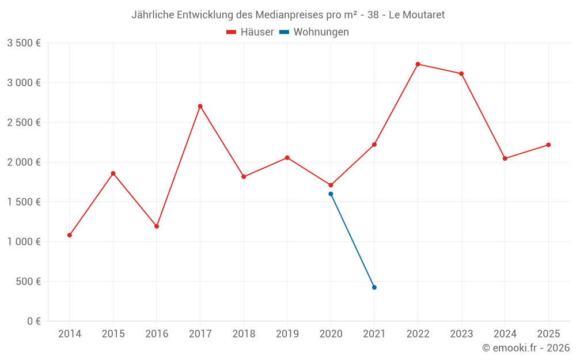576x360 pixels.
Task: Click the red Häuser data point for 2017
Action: pyautogui.click(x=200, y=106)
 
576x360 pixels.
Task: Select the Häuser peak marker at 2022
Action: pyautogui.click(x=418, y=64)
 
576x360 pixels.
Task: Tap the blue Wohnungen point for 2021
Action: pyautogui.click(x=374, y=287)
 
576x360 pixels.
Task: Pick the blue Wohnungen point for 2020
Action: pyautogui.click(x=331, y=194)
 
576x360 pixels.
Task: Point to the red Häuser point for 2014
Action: pyautogui.click(x=70, y=235)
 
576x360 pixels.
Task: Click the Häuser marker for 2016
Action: pyautogui.click(x=157, y=226)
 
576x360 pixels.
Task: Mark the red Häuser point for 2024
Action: pyautogui.click(x=505, y=158)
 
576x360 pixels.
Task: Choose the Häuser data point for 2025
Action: pyautogui.click(x=548, y=145)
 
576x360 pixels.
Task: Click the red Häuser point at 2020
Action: pyautogui.click(x=331, y=185)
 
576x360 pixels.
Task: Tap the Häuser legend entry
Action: pyautogui.click(x=250, y=32)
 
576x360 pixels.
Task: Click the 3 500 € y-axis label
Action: pyautogui.click(x=24, y=43)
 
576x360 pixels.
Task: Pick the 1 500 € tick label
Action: pyautogui.click(x=24, y=202)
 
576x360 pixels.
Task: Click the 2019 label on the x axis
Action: pyautogui.click(x=287, y=334)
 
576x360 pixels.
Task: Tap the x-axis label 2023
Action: pyautogui.click(x=461, y=334)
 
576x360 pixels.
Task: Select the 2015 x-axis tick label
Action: pyautogui.click(x=113, y=334)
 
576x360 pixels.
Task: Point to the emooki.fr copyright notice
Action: pyautogui.click(x=525, y=348)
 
